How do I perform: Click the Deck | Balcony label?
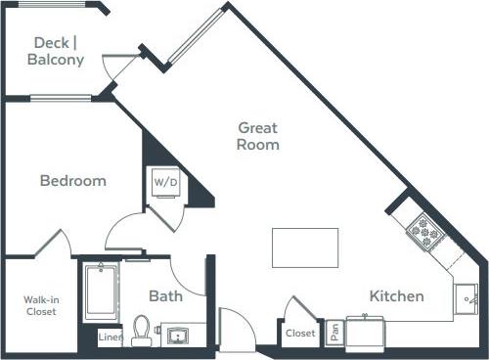(x=59, y=51)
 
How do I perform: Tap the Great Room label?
(x=258, y=136)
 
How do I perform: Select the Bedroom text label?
(x=72, y=181)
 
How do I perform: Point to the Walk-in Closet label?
(x=40, y=305)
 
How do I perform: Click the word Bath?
(x=165, y=295)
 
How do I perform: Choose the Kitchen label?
(x=396, y=295)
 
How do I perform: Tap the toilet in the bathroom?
(x=142, y=329)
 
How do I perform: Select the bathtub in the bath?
(x=102, y=291)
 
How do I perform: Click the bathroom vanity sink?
(x=179, y=335)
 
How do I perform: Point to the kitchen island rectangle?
(x=304, y=247)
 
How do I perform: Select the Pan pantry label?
(x=334, y=333)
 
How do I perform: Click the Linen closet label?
(x=111, y=337)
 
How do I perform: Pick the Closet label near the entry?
(x=300, y=334)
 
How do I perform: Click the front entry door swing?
(x=235, y=328)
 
